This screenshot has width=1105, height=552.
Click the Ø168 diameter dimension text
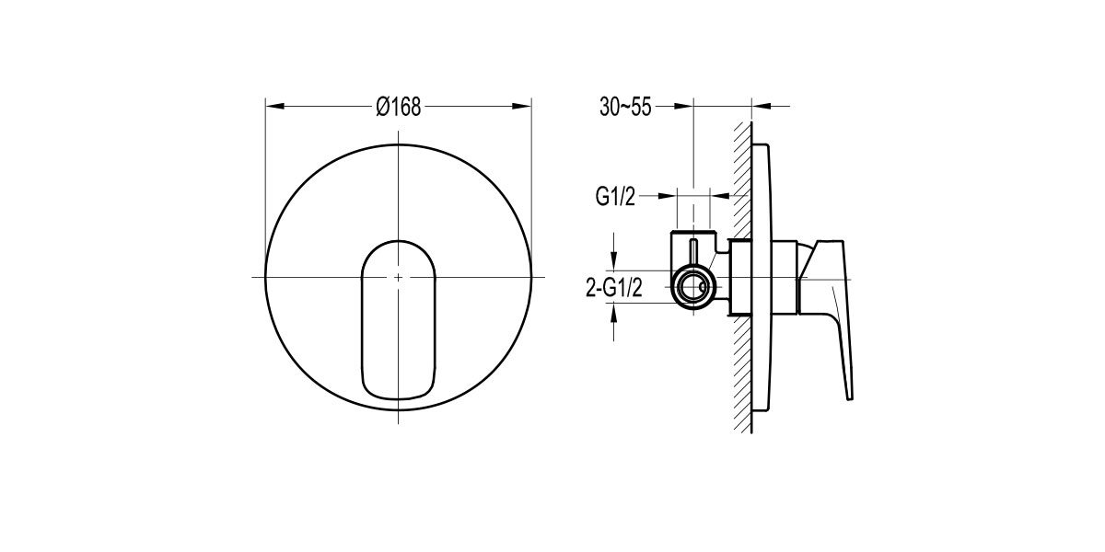[398, 108]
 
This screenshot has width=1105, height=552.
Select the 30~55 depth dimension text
[625, 108]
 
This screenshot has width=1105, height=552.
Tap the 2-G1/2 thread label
[613, 289]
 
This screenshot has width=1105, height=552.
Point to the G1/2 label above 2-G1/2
[614, 196]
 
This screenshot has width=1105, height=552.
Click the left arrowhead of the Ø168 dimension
[272, 107]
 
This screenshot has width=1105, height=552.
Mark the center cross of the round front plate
[398, 277]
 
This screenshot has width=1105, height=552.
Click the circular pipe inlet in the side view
[692, 287]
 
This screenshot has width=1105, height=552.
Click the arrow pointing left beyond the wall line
[760, 107]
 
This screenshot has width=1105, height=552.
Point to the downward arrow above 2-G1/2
[614, 253]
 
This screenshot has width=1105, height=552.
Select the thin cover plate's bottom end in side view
[761, 406]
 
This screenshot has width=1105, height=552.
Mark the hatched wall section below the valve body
[740, 368]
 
